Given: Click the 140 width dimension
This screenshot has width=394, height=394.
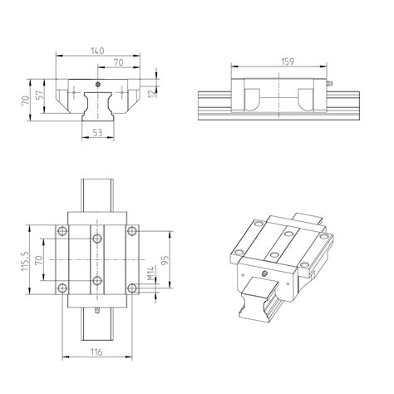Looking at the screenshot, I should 97,51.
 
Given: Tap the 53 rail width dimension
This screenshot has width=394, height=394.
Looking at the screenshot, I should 98,131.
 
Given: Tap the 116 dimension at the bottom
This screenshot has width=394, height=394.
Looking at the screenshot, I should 97,354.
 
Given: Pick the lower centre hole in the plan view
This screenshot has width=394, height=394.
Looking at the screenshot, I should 97,280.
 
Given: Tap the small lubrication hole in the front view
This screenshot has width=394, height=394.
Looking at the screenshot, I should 98,84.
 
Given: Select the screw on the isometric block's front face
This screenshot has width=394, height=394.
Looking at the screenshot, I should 265,273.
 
